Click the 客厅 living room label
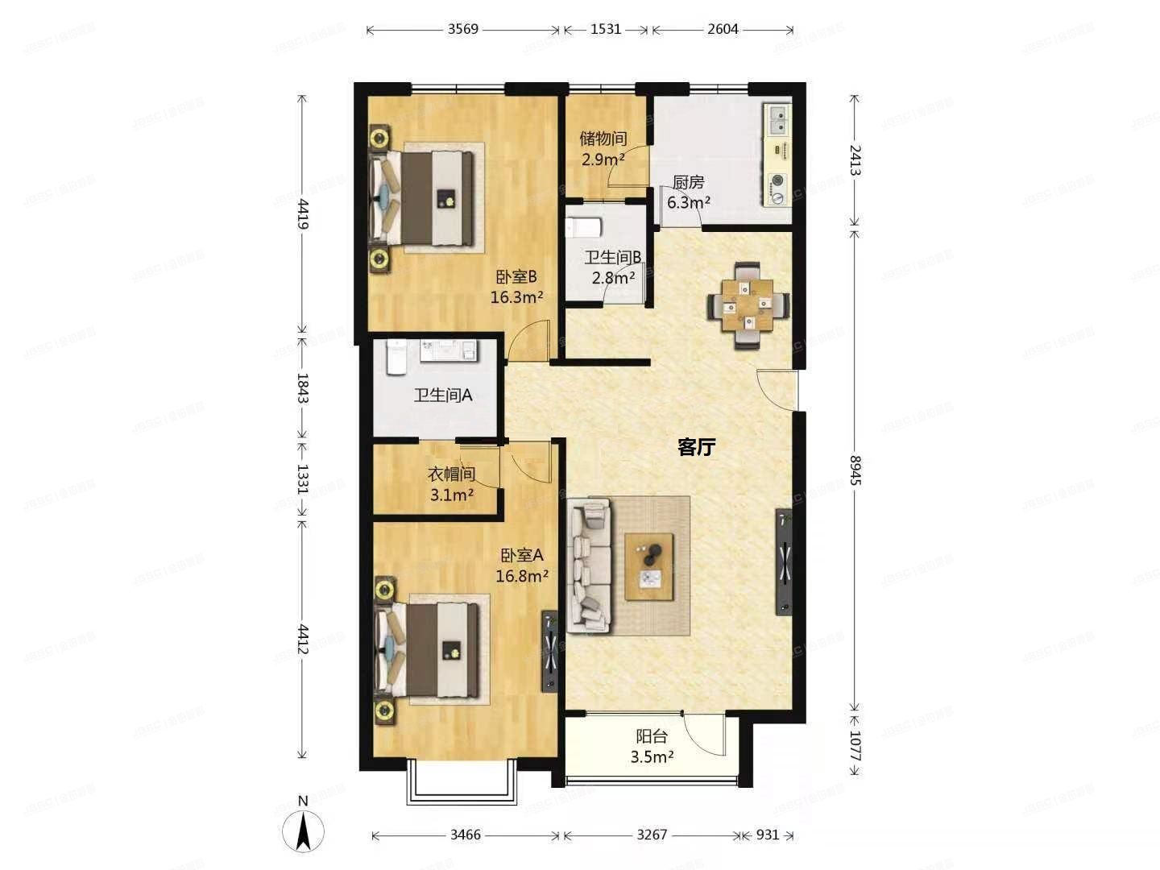coord(696,447)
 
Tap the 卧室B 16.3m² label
coord(516,287)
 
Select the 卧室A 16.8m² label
coord(522,565)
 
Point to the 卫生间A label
coord(442,396)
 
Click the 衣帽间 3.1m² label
coord(451,484)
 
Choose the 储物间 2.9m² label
coord(603,149)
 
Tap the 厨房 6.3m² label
coord(688,193)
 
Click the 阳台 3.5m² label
coord(652,746)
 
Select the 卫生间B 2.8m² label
coord(613,267)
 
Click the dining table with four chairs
coord(748,304)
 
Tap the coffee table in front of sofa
coord(649,566)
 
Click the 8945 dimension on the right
coord(855,470)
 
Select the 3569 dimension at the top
coord(462,29)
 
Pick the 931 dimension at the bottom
coord(767,835)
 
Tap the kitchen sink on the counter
coord(778,121)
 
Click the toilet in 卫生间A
coord(396,358)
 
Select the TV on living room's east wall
coord(784,561)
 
